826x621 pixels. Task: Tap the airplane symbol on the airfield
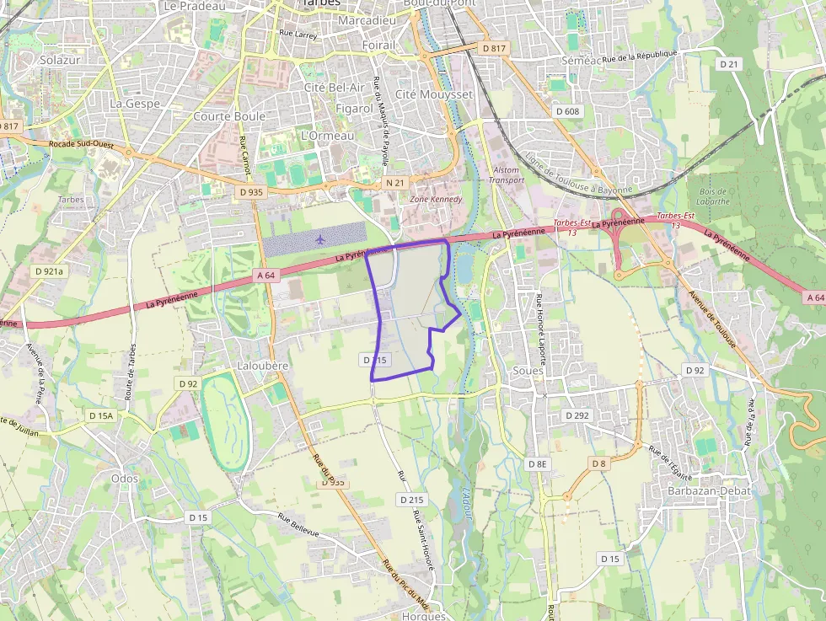(319, 238)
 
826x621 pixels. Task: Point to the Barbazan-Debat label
(703, 490)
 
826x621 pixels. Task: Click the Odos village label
(124, 478)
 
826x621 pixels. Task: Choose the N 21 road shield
(395, 183)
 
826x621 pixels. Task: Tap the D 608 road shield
(568, 111)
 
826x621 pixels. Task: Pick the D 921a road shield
(50, 271)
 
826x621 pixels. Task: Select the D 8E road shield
(537, 464)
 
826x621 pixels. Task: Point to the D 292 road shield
(577, 415)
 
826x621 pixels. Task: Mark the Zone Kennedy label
(436, 199)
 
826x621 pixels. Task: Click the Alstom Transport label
(507, 174)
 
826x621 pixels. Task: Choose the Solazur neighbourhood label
(59, 60)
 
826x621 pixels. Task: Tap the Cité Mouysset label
(434, 94)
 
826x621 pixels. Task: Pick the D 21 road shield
(729, 64)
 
